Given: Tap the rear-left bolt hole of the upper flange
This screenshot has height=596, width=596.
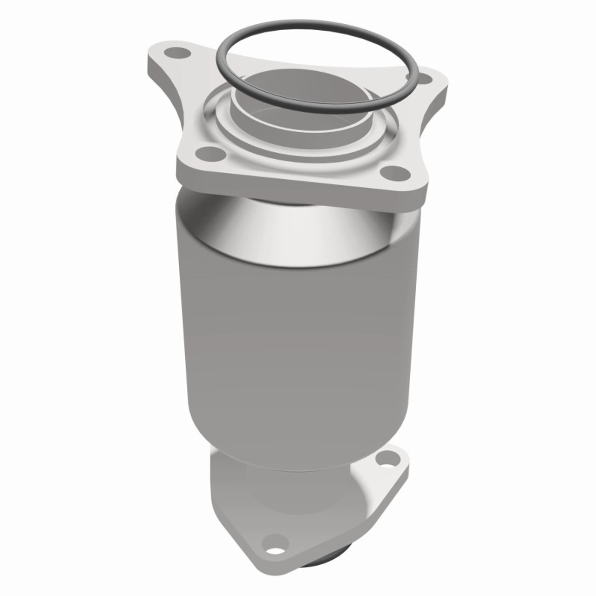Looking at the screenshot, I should tap(173, 52).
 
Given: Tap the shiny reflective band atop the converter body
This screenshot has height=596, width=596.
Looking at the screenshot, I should tap(298, 233).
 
